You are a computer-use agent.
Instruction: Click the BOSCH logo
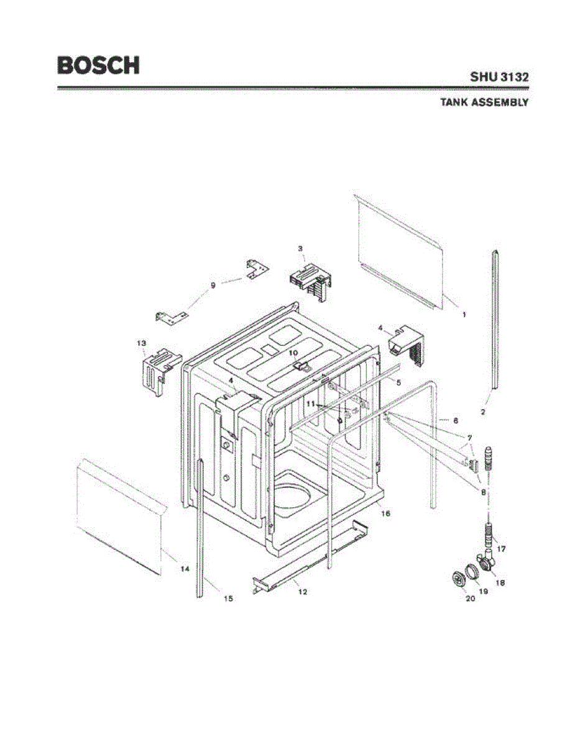(98, 65)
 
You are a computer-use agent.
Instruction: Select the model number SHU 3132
(499, 78)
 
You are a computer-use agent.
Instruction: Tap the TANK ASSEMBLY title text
(484, 103)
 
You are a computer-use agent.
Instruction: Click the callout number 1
(464, 315)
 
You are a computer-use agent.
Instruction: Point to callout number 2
(483, 412)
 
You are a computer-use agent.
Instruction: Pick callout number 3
(300, 249)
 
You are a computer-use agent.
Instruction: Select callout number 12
(303, 592)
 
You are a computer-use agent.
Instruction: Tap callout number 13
(141, 343)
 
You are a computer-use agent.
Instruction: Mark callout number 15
(228, 599)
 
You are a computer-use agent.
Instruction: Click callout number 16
(385, 513)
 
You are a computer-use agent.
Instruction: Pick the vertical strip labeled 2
(495, 323)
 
